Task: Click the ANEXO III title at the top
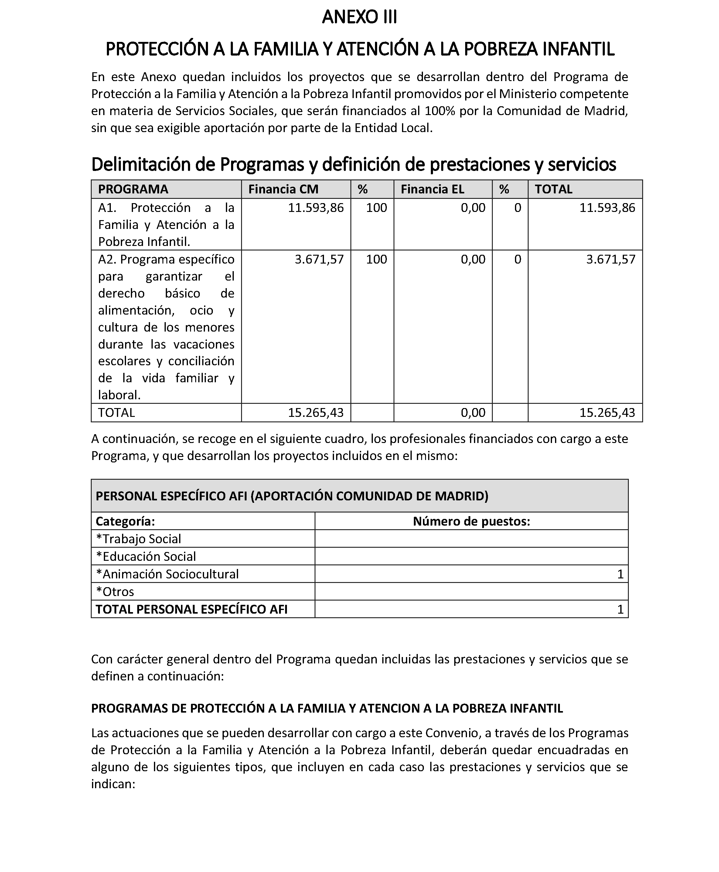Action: point(359,17)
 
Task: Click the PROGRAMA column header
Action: point(133,189)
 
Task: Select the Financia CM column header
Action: point(283,189)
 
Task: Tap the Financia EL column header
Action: point(432,189)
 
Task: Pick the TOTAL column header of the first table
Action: point(553,189)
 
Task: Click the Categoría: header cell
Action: point(125,521)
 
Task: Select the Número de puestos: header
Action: point(471,521)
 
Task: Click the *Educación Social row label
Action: point(146,557)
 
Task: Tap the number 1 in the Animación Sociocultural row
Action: point(620,574)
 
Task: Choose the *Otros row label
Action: point(115,592)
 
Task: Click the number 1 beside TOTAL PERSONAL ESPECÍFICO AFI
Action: point(620,609)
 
